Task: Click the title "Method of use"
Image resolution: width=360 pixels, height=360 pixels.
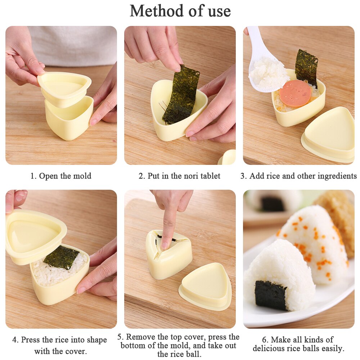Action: pyautogui.click(x=180, y=10)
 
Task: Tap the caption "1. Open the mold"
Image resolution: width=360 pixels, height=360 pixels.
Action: pyautogui.click(x=61, y=176)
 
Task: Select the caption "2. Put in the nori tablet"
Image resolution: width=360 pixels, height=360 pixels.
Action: pyautogui.click(x=180, y=176)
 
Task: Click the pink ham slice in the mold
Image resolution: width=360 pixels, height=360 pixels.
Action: pyautogui.click(x=296, y=93)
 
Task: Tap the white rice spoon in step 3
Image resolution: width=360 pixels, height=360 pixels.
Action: pyautogui.click(x=265, y=68)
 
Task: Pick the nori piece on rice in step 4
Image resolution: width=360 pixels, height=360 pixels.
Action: pyautogui.click(x=61, y=257)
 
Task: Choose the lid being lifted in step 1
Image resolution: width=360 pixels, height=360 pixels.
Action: pyautogui.click(x=65, y=85)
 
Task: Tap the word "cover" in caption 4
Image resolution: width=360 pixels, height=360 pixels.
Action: pyautogui.click(x=76, y=351)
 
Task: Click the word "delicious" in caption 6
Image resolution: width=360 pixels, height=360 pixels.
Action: pyautogui.click(x=271, y=348)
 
